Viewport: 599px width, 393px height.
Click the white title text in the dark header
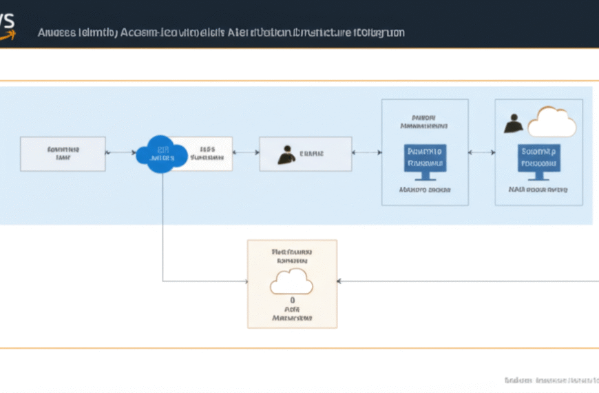[x=220, y=32]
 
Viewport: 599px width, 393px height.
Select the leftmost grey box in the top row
[x=63, y=153]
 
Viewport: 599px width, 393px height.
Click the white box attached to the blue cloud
[x=208, y=153]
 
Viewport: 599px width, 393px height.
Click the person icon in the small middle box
[x=286, y=154]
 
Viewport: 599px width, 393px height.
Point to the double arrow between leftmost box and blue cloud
[x=120, y=153]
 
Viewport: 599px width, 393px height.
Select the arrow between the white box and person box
[x=246, y=153]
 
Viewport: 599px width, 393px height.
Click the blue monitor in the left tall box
[x=425, y=158]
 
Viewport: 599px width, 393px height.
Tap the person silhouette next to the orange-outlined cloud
[x=513, y=123]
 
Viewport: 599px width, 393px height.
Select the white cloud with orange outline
[x=551, y=122]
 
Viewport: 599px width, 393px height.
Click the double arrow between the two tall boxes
[x=481, y=152]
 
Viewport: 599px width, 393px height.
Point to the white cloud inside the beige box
[x=292, y=281]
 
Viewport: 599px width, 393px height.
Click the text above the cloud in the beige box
[x=292, y=256]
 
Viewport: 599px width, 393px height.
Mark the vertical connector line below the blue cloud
[x=162, y=221]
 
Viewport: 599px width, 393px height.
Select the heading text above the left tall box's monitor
[x=425, y=121]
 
